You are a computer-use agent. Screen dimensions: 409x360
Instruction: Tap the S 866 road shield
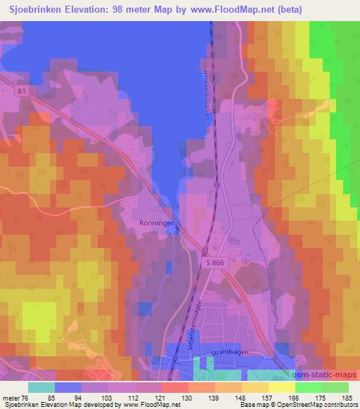pyautogui.click(x=217, y=261)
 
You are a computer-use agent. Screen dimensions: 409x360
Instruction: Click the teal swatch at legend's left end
pyautogui.click(x=41, y=387)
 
